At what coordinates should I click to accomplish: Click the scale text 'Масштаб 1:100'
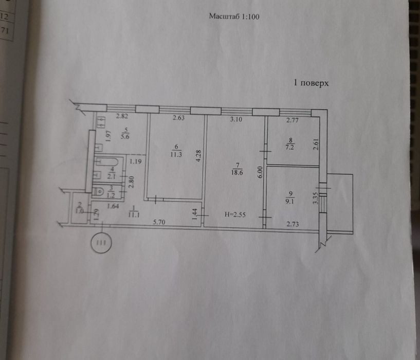click(234, 16)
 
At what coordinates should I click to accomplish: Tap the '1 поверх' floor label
click(311, 83)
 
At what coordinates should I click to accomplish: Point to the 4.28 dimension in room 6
click(197, 156)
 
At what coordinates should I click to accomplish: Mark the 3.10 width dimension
click(235, 119)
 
